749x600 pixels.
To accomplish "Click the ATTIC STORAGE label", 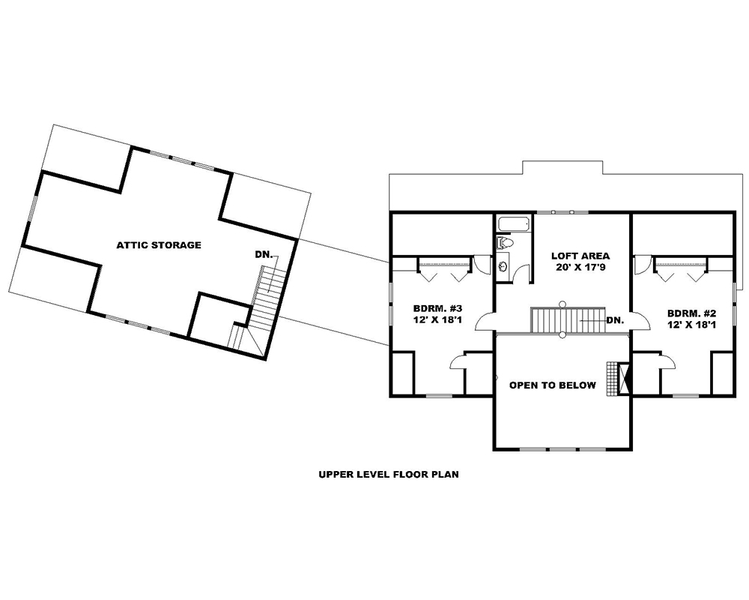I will click(x=158, y=245).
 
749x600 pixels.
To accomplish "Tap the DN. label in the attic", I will click(x=264, y=255).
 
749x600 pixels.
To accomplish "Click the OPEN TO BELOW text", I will click(x=553, y=385).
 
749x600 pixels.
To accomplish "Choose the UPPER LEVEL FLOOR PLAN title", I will click(x=388, y=474).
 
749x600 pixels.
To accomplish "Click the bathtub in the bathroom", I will click(x=514, y=224).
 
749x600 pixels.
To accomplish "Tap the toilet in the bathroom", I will click(x=505, y=243).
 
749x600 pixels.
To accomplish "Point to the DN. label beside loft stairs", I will click(x=615, y=320).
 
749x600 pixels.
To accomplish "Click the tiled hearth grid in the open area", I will click(x=615, y=379).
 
